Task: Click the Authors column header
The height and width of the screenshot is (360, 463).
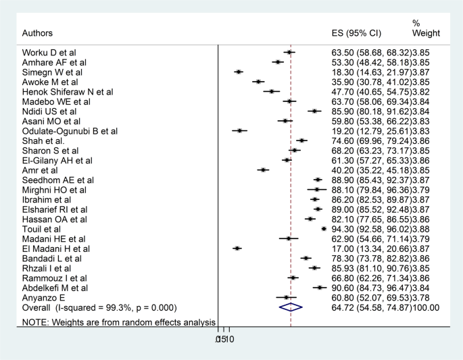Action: point(37,33)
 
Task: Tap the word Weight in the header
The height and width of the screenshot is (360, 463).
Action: point(427,33)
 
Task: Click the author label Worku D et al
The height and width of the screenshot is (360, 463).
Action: point(49,52)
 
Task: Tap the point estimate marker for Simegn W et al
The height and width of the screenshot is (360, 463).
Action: point(239,72)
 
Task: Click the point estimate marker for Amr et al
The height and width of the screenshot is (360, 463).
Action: point(263,170)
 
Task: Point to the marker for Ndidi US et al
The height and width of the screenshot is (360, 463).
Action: point(314,111)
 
